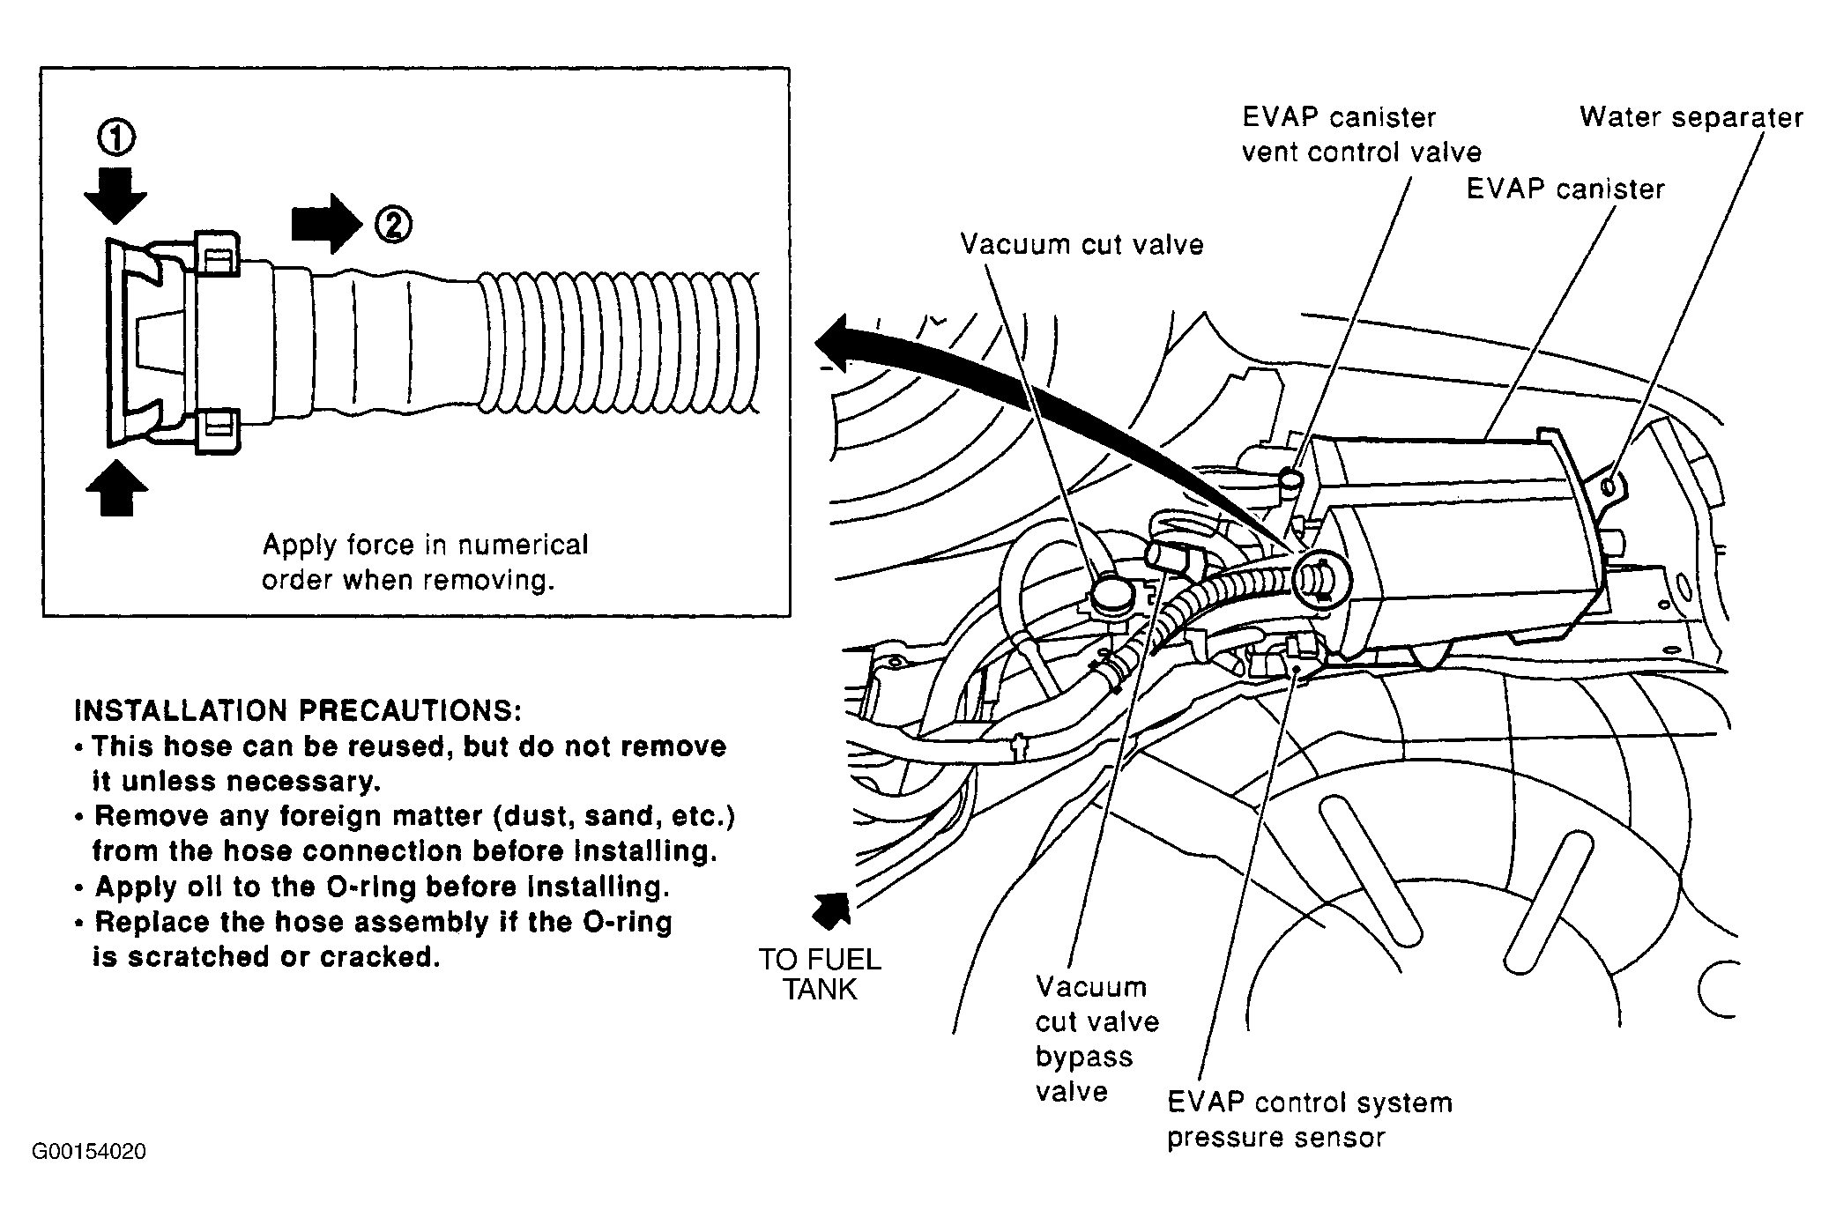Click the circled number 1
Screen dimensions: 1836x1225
(116, 137)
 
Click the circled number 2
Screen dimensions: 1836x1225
(393, 226)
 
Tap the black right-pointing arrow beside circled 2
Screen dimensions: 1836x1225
(327, 224)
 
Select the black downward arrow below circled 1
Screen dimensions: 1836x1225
(116, 197)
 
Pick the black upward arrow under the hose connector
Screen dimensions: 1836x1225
(117, 486)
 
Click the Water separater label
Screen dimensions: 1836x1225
(1691, 117)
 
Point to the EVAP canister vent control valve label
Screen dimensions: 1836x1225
(1362, 135)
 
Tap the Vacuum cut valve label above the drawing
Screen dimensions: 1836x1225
(1082, 244)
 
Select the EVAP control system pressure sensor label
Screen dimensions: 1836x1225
(1310, 1119)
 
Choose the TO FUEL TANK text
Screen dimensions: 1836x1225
(821, 974)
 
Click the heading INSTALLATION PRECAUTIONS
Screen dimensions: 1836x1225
(298, 710)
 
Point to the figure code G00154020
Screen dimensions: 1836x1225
(89, 1151)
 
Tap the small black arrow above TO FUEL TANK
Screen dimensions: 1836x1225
(831, 910)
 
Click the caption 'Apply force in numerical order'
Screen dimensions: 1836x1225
(425, 561)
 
